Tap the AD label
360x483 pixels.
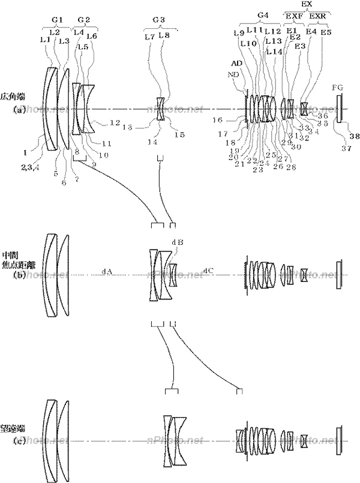[239, 63]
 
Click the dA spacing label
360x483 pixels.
[107, 271]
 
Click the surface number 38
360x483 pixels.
[355, 137]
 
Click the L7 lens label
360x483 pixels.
[149, 37]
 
